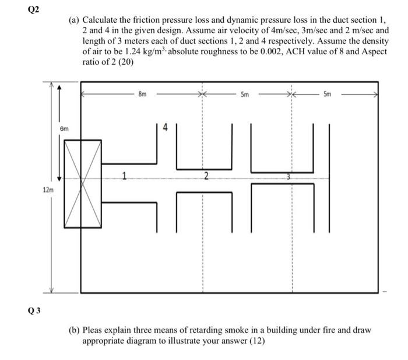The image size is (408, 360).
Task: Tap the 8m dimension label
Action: pos(143,93)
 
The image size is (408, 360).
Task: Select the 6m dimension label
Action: pos(64,127)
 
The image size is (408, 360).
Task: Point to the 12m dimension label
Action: pos(47,190)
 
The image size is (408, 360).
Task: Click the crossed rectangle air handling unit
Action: pos(82,183)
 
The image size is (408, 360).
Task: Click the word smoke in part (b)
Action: pos(230,330)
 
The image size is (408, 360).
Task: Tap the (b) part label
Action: pos(75,330)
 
